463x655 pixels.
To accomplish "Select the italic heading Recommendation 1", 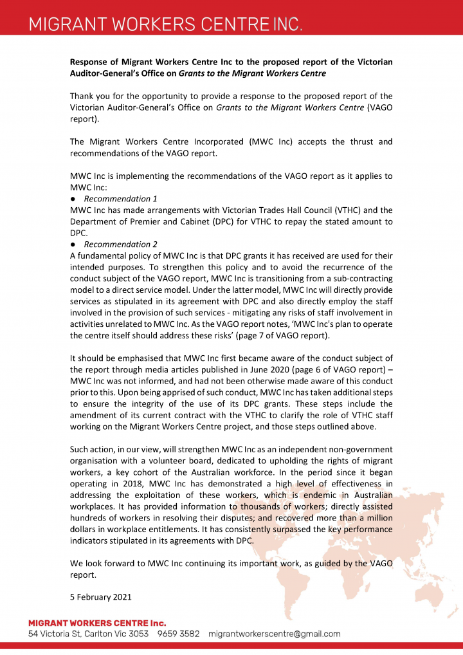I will coord(120,199).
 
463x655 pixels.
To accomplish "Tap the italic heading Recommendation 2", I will coord(120,244).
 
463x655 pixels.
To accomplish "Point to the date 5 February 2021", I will coord(100,596).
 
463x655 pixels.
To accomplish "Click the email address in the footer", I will coord(274,634).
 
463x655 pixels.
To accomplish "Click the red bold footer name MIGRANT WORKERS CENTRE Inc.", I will coord(97,623).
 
